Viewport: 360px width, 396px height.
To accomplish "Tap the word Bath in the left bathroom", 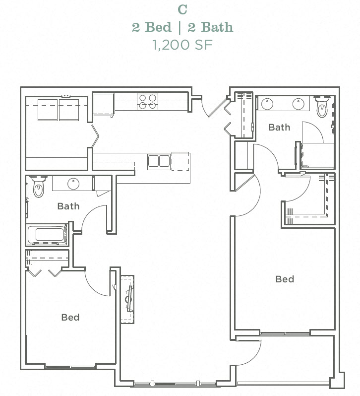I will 68,206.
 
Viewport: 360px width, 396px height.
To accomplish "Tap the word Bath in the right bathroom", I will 279,128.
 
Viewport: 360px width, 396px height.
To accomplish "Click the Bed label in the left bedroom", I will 70,317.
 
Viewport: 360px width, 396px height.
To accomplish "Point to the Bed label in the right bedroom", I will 285,279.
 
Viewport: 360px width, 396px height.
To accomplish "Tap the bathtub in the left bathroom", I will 47,235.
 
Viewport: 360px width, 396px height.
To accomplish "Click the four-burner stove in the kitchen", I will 147,101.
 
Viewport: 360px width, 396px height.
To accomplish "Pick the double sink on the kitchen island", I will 159,161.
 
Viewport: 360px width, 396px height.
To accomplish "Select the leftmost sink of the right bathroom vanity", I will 267,104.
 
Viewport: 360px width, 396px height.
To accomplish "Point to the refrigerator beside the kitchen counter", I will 104,105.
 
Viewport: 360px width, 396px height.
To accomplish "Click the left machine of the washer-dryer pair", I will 49,109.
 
